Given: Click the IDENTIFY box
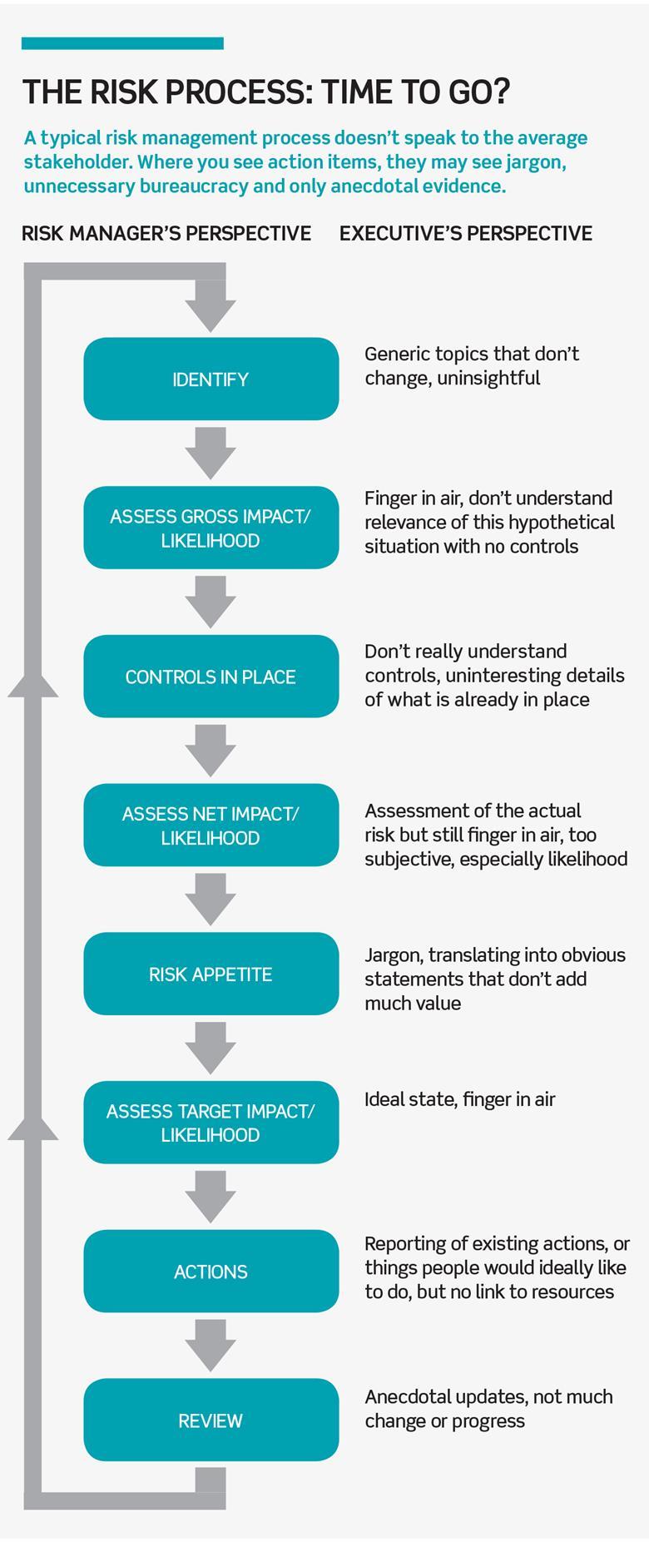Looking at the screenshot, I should (x=211, y=379).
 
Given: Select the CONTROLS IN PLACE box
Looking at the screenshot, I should (x=211, y=677).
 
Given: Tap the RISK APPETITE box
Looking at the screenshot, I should (x=211, y=974).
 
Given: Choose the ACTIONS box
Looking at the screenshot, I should (x=211, y=1272).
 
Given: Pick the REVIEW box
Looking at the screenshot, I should (x=211, y=1420).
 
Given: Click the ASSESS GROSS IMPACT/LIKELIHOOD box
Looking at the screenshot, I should (x=211, y=528).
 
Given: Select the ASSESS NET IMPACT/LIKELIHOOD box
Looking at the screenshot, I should (x=211, y=826).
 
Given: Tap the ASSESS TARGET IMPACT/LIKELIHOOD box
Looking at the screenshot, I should (x=211, y=1123).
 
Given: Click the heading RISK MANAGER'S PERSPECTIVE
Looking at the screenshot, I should (x=166, y=234).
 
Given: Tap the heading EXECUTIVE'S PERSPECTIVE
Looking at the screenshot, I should (x=466, y=234).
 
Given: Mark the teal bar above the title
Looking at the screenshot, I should (x=122, y=43).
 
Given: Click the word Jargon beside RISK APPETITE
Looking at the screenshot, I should (x=393, y=955).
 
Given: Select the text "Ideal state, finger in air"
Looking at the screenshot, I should (x=459, y=1099).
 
